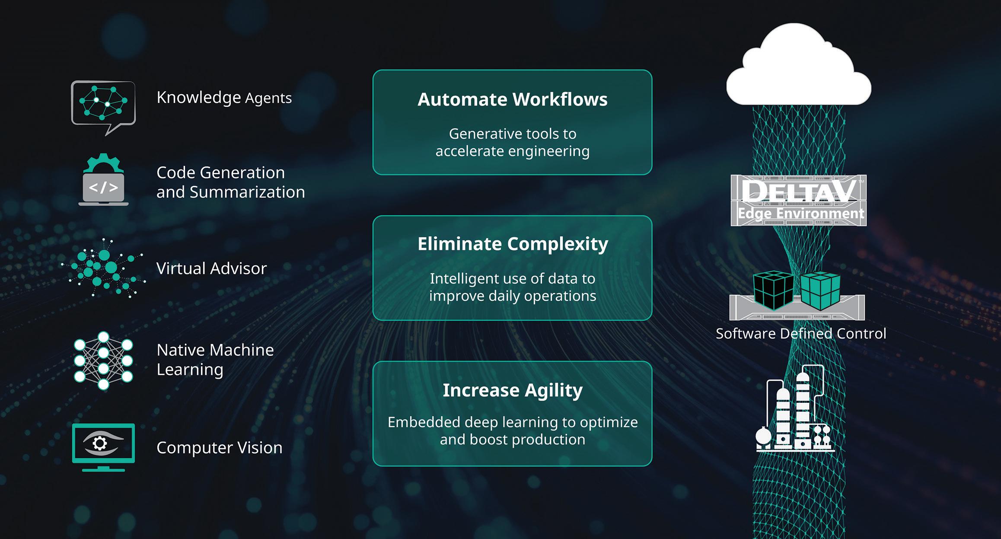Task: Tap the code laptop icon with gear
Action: click(x=103, y=180)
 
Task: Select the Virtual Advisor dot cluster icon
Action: click(x=103, y=268)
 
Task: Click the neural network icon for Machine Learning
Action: click(x=103, y=360)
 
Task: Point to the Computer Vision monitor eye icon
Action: click(x=103, y=447)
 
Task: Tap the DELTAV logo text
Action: click(x=798, y=191)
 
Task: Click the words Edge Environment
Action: click(x=800, y=214)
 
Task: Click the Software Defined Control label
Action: click(x=800, y=334)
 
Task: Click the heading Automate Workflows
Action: click(x=512, y=99)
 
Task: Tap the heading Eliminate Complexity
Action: click(x=513, y=244)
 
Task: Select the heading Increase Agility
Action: click(x=513, y=390)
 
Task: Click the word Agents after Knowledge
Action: click(x=268, y=98)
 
